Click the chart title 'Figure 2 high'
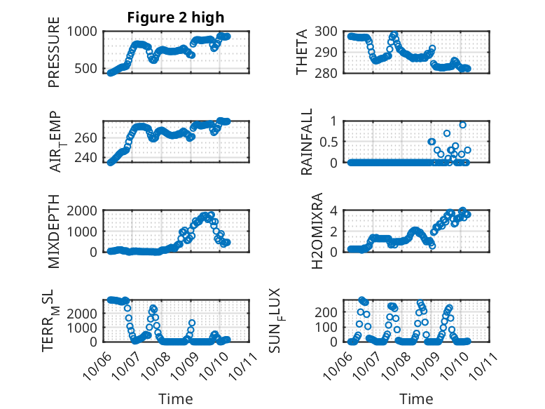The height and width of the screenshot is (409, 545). pos(176,18)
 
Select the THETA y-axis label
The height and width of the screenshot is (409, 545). pos(302,52)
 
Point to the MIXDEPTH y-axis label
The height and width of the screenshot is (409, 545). pos(54,232)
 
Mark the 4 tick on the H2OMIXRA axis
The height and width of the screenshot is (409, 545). pos(335,210)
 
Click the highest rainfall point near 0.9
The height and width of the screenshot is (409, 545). pos(463,125)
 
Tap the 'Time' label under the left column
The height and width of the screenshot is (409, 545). pos(176,398)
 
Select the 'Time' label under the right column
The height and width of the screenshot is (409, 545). pos(417,398)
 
